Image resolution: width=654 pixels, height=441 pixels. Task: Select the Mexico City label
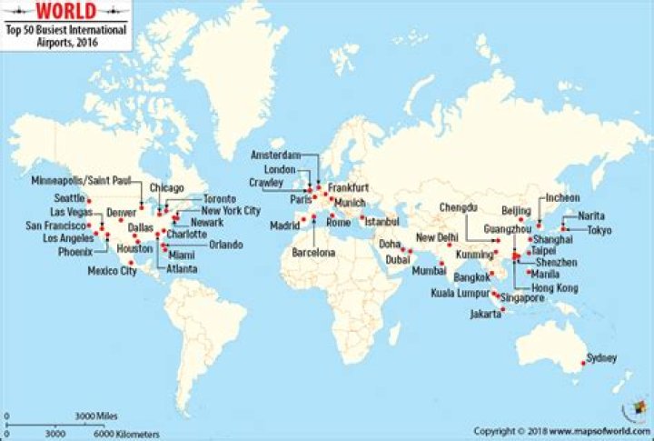point(112,271)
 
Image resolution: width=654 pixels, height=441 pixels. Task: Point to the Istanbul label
point(380,221)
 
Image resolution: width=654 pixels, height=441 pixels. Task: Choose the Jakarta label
point(485,314)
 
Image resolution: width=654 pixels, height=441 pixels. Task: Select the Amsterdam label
point(274,155)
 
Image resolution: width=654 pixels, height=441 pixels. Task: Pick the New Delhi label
point(436,237)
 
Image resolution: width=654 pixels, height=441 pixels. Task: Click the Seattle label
point(69,198)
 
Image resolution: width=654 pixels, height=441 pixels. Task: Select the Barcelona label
point(313,252)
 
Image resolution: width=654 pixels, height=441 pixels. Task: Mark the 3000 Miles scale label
point(96,416)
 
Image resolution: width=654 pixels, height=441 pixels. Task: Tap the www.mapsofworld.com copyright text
point(599,430)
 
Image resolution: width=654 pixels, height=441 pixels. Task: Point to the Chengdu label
point(458,206)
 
